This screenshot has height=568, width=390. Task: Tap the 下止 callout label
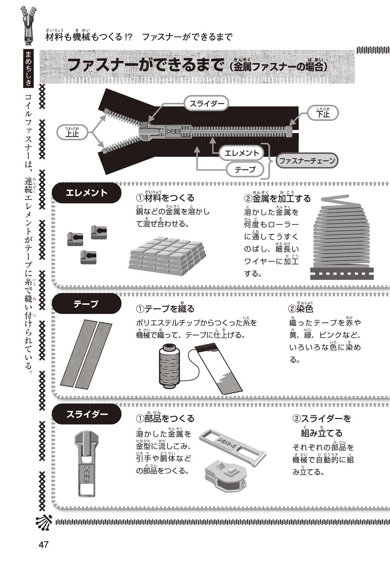coord(323,113)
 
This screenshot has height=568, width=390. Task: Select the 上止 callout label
coord(72,132)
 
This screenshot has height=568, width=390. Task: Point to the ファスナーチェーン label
coord(307,161)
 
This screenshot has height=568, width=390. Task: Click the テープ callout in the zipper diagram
coord(245,169)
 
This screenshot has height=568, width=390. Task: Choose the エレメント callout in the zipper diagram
coord(242,153)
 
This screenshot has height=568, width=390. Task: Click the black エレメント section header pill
coord(86,193)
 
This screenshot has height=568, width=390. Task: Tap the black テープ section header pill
coord(86,303)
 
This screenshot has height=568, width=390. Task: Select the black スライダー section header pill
coord(86,414)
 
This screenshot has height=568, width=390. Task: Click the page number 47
coord(43,544)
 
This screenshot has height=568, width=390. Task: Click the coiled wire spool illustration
coord(342,237)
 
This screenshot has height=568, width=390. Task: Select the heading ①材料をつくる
coord(165,198)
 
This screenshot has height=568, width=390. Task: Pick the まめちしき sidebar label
coord(28,68)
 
